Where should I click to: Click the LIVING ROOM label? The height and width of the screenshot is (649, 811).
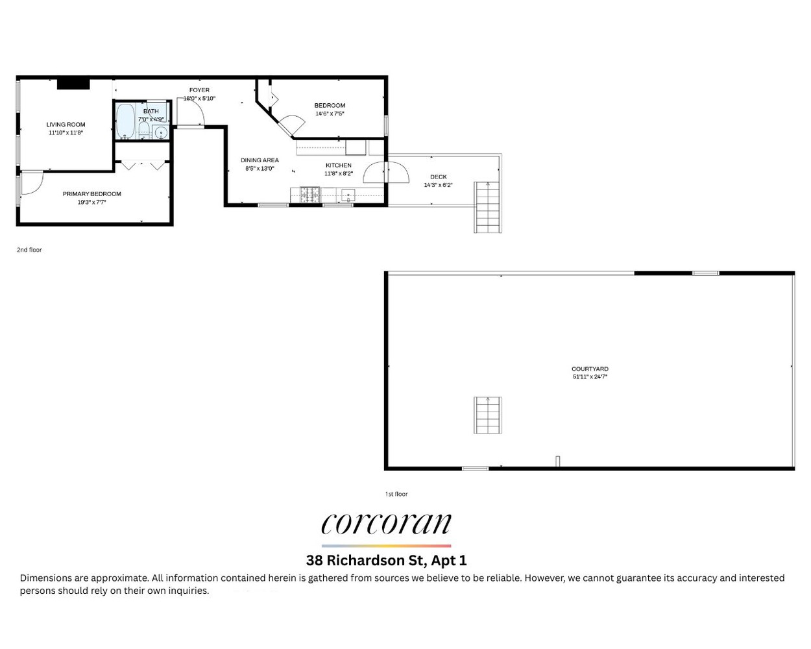66,125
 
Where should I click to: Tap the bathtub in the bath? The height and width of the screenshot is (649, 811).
125,121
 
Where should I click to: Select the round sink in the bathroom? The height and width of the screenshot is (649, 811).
162,133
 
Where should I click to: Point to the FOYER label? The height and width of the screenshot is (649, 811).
199,90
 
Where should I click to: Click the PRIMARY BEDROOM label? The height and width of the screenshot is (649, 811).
92,194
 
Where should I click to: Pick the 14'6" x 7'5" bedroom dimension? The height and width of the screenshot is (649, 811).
330,114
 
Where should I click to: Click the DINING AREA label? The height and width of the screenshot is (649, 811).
260,160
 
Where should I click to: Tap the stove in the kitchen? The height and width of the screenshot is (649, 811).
309,195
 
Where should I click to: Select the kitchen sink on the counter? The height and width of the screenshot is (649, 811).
348,195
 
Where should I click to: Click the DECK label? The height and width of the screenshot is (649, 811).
439,177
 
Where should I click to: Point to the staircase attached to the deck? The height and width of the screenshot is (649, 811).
488,208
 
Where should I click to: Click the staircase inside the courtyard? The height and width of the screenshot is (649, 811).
488,415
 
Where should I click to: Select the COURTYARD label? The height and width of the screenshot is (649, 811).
590,369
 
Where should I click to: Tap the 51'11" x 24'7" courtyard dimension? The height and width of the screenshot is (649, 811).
590,376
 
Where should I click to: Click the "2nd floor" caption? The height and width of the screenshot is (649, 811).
29,250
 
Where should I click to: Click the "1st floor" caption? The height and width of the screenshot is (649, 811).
396,494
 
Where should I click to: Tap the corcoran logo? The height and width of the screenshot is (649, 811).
386,524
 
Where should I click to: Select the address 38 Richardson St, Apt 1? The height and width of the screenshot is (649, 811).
386,560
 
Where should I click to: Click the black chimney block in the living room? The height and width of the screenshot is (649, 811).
73,84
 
